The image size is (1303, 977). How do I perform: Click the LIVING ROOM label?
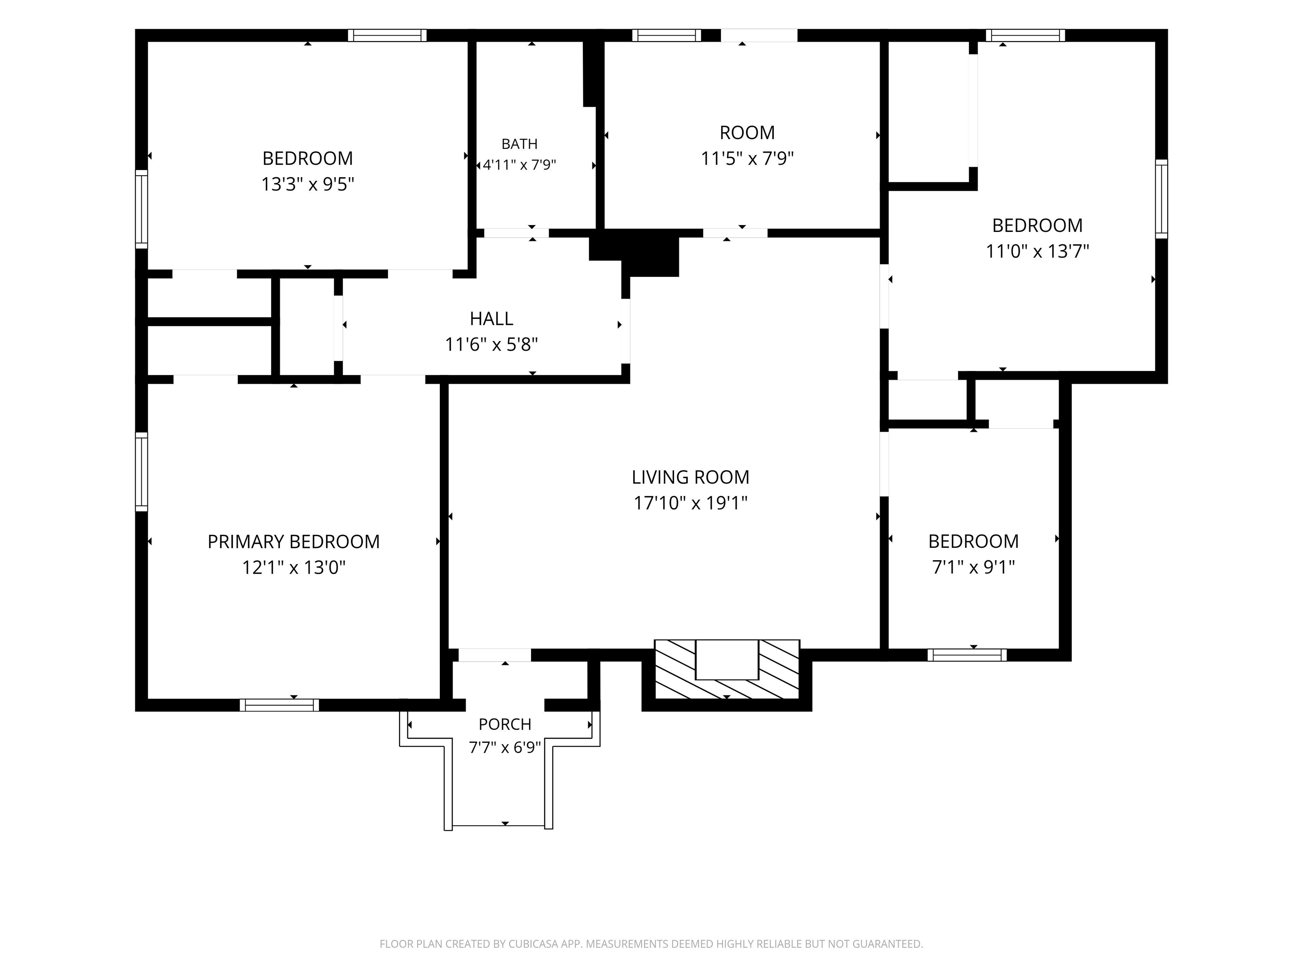[x=691, y=477]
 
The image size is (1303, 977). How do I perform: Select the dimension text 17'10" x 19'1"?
[x=691, y=503]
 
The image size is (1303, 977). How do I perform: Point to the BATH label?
[x=520, y=144]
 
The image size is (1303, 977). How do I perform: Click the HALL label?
[x=491, y=318]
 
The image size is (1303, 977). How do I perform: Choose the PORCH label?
[x=505, y=724]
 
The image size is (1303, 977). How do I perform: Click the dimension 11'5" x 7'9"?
[x=747, y=159]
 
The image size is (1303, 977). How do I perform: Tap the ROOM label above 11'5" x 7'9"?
[x=747, y=132]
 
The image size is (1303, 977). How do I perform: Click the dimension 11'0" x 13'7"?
[x=1037, y=252]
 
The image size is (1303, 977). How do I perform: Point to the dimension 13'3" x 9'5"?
[x=308, y=185]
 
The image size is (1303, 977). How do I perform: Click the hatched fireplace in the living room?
[x=727, y=669]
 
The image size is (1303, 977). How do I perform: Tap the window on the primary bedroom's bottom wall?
[x=279, y=705]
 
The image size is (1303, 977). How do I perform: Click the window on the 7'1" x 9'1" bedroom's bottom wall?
[x=967, y=655]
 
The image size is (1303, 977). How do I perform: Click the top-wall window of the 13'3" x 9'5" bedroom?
[x=387, y=35]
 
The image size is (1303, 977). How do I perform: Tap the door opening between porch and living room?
[x=495, y=655]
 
